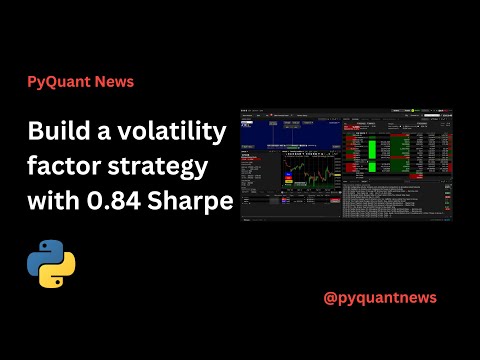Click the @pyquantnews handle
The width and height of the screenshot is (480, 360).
pyautogui.click(x=381, y=297)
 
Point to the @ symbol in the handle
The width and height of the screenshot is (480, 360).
pyautogui.click(x=332, y=297)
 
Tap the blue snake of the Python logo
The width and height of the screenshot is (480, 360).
pyautogui.click(x=44, y=258)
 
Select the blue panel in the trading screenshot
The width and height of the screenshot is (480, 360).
pyautogui.click(x=290, y=135)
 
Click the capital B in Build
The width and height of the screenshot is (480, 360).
pyautogui.click(x=35, y=131)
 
